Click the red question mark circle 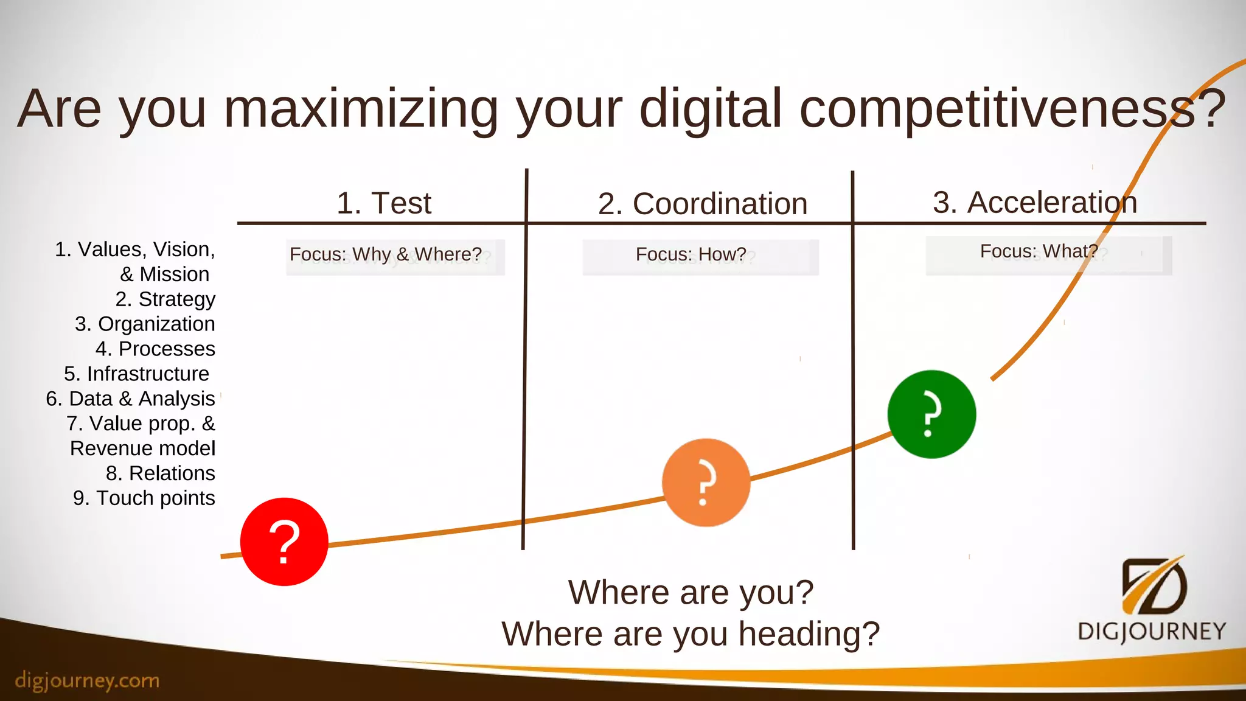[x=284, y=542]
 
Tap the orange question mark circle [x=706, y=483]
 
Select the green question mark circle [x=931, y=414]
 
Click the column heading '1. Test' [x=384, y=203]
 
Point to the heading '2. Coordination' [x=702, y=204]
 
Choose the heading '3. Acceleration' [x=1034, y=203]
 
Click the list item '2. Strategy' [x=165, y=299]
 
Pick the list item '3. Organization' [x=145, y=324]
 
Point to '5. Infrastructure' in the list [x=136, y=374]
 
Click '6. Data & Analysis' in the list [x=130, y=399]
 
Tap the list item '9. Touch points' [x=144, y=498]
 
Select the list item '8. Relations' [x=161, y=473]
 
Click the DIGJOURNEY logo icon [x=1152, y=587]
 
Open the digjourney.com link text [x=87, y=680]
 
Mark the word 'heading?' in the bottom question [x=809, y=634]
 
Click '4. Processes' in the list [x=155, y=349]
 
